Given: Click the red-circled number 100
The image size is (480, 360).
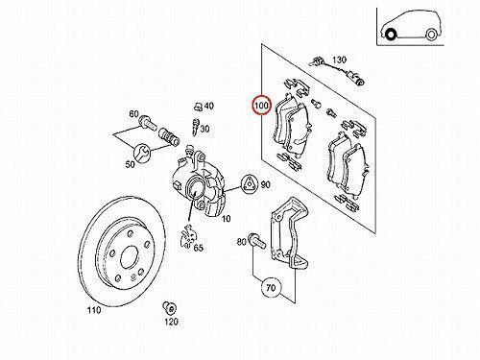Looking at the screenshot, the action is pyautogui.click(x=261, y=106).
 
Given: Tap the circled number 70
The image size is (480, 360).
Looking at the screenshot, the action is pyautogui.click(x=271, y=288).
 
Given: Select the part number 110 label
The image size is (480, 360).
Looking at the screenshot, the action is pyautogui.click(x=94, y=310).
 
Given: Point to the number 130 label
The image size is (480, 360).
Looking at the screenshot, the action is pyautogui.click(x=339, y=60).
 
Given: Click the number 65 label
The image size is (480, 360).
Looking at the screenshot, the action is pyautogui.click(x=199, y=248).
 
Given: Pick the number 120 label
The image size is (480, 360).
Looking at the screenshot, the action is pyautogui.click(x=172, y=322).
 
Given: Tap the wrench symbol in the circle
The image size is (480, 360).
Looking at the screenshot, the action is pyautogui.click(x=142, y=153).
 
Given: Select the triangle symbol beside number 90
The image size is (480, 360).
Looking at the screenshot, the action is pyautogui.click(x=250, y=185).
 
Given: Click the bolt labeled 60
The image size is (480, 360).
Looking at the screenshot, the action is pyautogui.click(x=148, y=123).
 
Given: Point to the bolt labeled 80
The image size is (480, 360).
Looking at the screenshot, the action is pyautogui.click(x=256, y=241).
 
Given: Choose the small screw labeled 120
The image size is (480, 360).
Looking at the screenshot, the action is pyautogui.click(x=169, y=307).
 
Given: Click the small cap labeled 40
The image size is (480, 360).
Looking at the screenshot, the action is pyautogui.click(x=198, y=106).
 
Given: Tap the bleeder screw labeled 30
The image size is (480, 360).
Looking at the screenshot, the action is pyautogui.click(x=195, y=126).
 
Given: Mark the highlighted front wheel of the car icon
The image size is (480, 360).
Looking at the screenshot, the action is pyautogui.click(x=390, y=34).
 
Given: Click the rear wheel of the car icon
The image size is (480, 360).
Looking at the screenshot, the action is pyautogui.click(x=431, y=35).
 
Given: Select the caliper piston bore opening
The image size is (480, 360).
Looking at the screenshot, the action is pyautogui.click(x=195, y=188).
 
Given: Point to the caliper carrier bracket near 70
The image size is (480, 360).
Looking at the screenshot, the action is pyautogui.click(x=290, y=233).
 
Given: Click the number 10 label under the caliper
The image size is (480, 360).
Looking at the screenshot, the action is pyautogui.click(x=226, y=219).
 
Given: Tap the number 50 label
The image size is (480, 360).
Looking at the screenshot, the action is pyautogui.click(x=130, y=164).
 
